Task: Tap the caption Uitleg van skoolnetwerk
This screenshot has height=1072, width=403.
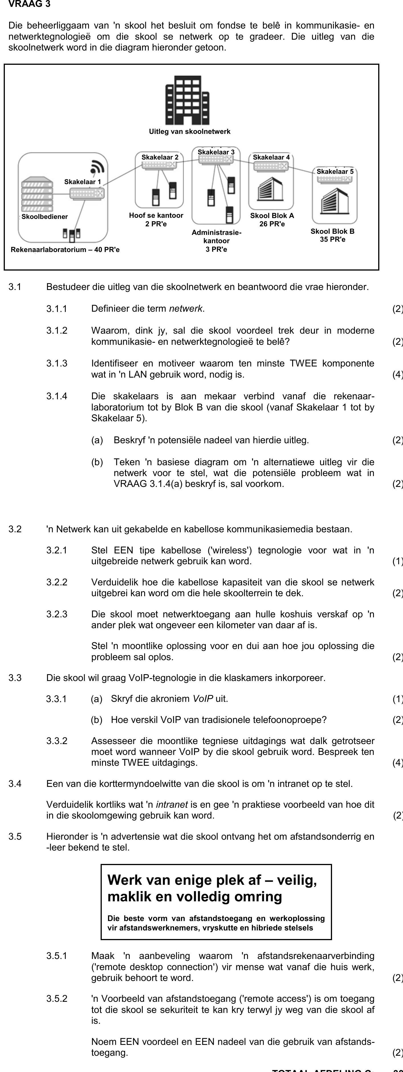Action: pos(190,132)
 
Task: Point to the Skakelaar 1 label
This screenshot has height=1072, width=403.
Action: pos(82,182)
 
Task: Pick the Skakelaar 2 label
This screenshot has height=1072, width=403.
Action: pos(160,157)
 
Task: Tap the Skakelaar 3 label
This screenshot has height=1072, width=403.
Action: pos(216,152)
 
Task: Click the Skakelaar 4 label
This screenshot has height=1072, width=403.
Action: pos(271,157)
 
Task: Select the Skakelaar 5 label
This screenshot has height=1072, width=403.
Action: pos(335,172)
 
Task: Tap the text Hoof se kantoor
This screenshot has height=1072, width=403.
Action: pos(156,215)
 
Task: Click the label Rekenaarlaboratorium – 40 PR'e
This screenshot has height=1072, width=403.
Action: pos(65,250)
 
